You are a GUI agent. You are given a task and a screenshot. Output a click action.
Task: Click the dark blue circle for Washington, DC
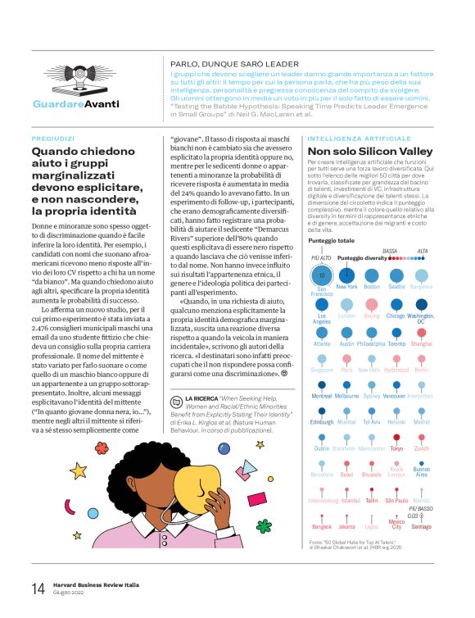tap(421, 328)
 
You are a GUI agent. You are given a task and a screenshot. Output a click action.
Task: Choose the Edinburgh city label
tap(322, 422)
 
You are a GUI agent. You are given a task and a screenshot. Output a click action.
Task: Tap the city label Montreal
tap(322, 396)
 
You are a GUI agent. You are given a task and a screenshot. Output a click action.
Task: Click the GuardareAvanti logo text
tap(75, 104)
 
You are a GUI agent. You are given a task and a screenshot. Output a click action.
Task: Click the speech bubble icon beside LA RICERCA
tap(176, 400)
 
